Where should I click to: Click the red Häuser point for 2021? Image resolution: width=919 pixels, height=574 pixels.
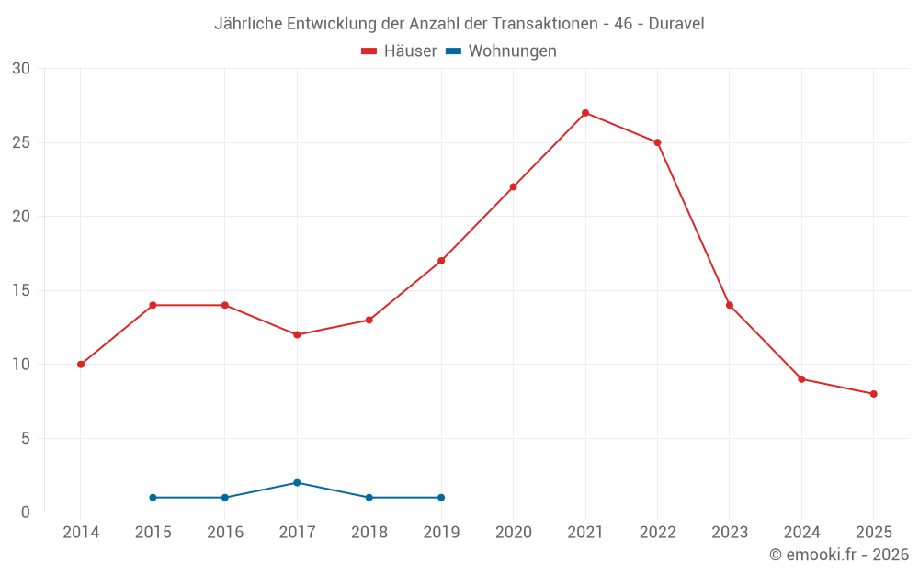[x=585, y=113]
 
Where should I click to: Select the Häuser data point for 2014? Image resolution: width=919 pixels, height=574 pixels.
[x=81, y=365]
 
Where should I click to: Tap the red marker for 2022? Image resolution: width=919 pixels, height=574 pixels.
[x=657, y=142]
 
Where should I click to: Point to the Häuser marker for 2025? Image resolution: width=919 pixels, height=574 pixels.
[x=874, y=394]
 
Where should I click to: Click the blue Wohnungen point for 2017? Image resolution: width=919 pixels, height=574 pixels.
[x=297, y=483]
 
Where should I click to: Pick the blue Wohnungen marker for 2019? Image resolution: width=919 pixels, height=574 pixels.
[x=441, y=498]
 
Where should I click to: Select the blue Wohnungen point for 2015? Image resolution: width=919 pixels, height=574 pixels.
[x=153, y=498]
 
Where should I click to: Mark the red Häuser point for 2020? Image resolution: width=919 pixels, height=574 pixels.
[x=513, y=186]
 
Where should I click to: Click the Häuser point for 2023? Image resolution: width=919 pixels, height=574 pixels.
[x=730, y=305]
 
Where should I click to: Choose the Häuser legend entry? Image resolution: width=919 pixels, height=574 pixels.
[x=400, y=51]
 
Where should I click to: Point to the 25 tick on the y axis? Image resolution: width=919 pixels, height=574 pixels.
[x=21, y=142]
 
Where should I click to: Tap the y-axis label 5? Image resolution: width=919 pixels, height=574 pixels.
[x=26, y=438]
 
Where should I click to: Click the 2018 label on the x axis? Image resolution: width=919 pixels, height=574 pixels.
[x=369, y=533]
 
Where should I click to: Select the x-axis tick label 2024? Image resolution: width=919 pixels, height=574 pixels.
[x=801, y=533]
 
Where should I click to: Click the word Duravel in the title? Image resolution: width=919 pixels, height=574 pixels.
[x=676, y=24]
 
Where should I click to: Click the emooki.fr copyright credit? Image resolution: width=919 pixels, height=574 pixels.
[x=838, y=555]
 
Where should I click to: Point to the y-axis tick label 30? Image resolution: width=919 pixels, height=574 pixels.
[x=21, y=69]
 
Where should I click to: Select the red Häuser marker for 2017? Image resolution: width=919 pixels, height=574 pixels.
[x=297, y=334]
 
